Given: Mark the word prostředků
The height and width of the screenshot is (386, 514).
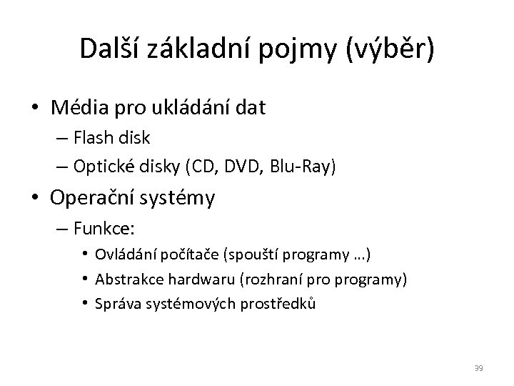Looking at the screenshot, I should click(x=280, y=303).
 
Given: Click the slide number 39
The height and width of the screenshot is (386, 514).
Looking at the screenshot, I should click(x=479, y=368).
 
